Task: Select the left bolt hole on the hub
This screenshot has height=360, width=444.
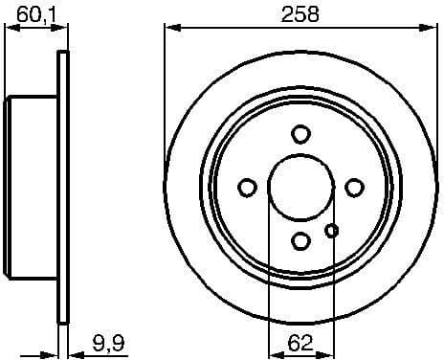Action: click(x=247, y=187)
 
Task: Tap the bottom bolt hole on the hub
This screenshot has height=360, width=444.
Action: click(x=301, y=240)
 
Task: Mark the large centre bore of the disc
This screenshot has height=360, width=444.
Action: click(x=300, y=187)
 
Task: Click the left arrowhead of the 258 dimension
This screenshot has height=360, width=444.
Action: click(x=170, y=27)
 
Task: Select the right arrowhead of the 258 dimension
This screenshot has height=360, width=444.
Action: click(x=433, y=27)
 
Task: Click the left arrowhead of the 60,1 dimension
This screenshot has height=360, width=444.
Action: click(x=11, y=27)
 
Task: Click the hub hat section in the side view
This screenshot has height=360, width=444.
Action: click(x=33, y=188)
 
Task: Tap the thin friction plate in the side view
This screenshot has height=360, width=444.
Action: click(x=65, y=188)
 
